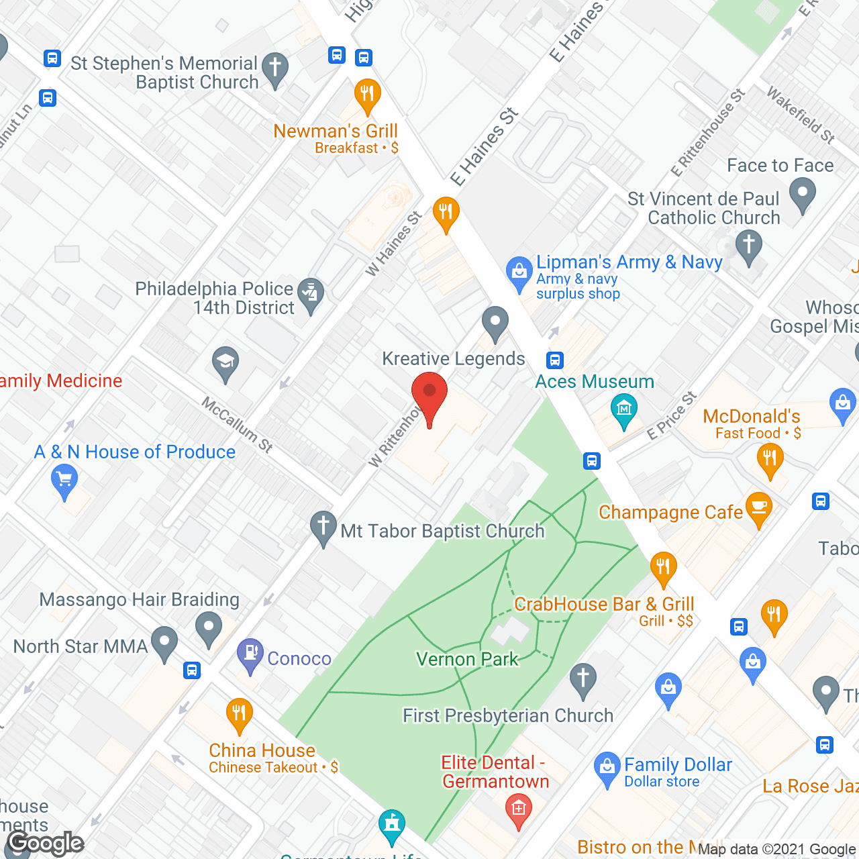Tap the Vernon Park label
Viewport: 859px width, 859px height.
coord(467,659)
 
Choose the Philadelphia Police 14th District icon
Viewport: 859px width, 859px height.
coord(311,294)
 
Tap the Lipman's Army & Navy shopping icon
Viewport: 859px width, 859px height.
coord(519,272)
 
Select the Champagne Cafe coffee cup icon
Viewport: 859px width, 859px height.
coord(759,509)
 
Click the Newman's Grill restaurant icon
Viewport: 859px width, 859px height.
coord(367,94)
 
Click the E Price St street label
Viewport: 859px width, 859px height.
coord(671,416)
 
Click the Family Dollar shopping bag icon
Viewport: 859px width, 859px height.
coord(607,766)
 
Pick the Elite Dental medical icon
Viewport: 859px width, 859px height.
coord(518,809)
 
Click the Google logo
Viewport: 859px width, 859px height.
coord(46,843)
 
